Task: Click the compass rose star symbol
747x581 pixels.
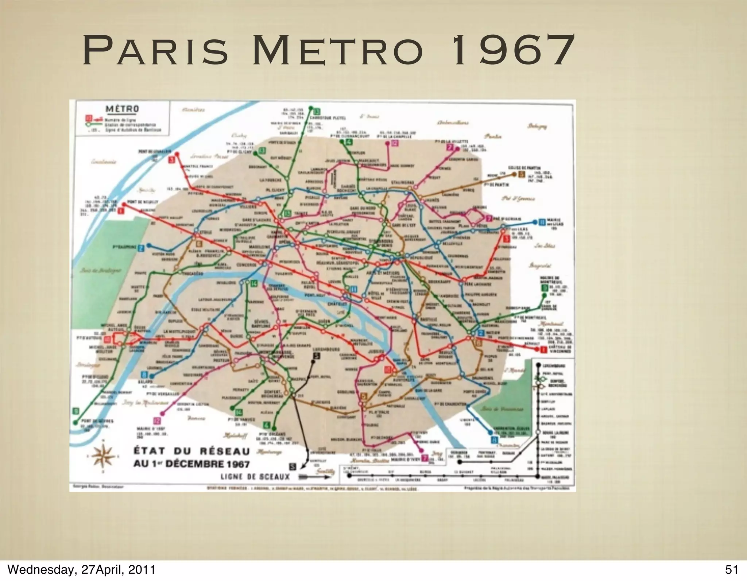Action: point(104,456)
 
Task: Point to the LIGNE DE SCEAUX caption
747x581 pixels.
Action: point(255,477)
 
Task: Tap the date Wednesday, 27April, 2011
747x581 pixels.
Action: point(81,569)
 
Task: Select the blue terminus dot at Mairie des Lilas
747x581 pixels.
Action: point(535,222)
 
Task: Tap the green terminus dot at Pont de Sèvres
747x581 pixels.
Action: point(76,423)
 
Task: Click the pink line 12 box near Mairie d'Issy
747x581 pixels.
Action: point(157,421)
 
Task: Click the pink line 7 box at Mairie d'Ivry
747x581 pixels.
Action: point(425,458)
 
